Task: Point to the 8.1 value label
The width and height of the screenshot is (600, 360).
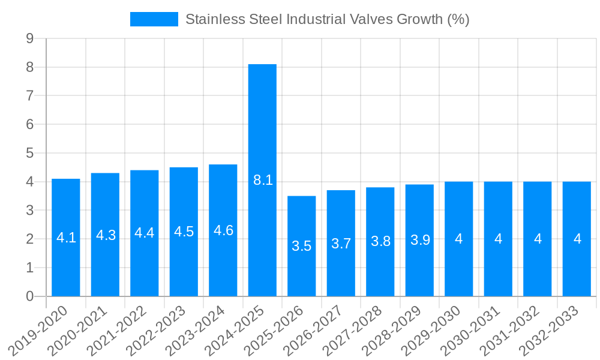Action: point(263,180)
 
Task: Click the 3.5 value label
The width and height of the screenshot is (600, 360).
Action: point(302,246)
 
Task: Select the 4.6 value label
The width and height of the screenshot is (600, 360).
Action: point(223,230)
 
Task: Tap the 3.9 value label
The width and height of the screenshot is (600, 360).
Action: point(420,240)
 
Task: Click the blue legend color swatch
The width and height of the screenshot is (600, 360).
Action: point(154,19)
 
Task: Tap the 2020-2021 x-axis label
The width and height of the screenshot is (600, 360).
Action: point(77,328)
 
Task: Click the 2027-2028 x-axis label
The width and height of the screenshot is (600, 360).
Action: point(353,328)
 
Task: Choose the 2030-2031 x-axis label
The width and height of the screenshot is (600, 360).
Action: point(470,328)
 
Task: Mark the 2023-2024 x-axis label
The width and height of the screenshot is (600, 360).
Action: point(196,328)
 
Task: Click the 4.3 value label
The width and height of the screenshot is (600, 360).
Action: point(106,235)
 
